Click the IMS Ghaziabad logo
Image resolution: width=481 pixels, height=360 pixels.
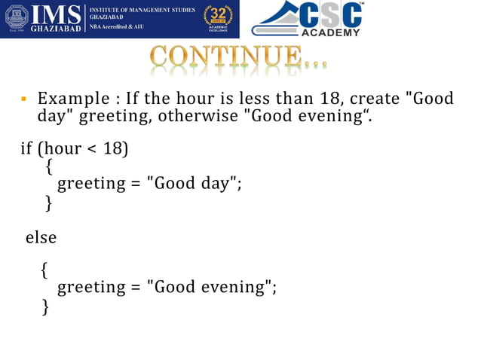tap(45, 20)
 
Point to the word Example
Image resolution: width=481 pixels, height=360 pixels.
tap(70, 99)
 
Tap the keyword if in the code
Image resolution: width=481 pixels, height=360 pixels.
tap(26, 147)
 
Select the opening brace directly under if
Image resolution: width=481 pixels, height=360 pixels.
tap(49, 165)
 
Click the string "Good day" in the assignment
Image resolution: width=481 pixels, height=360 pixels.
tap(192, 183)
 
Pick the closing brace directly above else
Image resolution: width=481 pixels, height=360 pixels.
tap(49, 203)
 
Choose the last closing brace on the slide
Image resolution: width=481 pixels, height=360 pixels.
tap(46, 306)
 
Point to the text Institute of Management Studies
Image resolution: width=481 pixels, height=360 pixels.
tap(142, 10)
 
